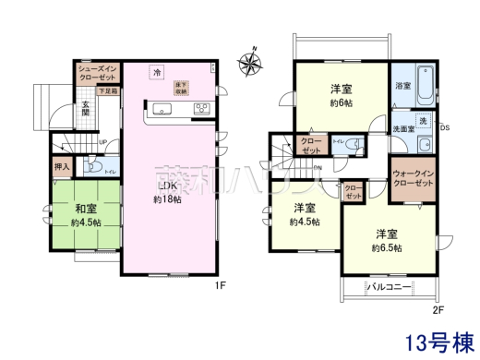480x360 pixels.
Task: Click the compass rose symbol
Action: click(x=250, y=63)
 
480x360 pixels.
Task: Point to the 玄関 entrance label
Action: click(x=84, y=107)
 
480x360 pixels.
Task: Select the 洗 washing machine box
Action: click(x=423, y=122)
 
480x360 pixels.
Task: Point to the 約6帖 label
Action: click(x=341, y=105)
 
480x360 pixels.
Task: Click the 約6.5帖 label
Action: click(x=386, y=247)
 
